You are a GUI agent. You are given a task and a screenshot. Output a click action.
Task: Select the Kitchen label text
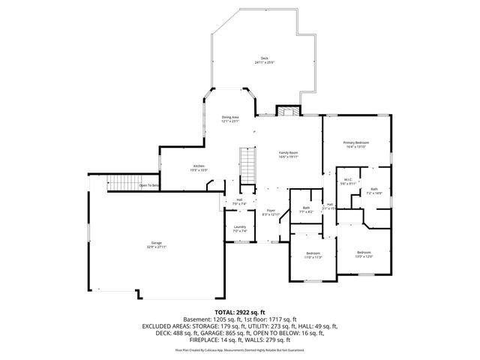(x=199, y=167)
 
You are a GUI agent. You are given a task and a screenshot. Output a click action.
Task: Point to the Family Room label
(x=288, y=154)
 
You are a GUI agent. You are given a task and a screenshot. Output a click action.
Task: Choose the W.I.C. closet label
(x=348, y=181)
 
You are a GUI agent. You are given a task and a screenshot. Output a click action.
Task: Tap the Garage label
(x=157, y=244)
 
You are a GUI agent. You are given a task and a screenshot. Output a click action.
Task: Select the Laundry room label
(x=240, y=229)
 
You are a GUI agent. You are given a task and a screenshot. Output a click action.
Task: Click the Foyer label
(x=270, y=213)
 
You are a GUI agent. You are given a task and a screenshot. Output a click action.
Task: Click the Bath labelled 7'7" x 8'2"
(x=306, y=209)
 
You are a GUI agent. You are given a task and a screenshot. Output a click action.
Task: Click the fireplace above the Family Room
(x=287, y=112)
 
